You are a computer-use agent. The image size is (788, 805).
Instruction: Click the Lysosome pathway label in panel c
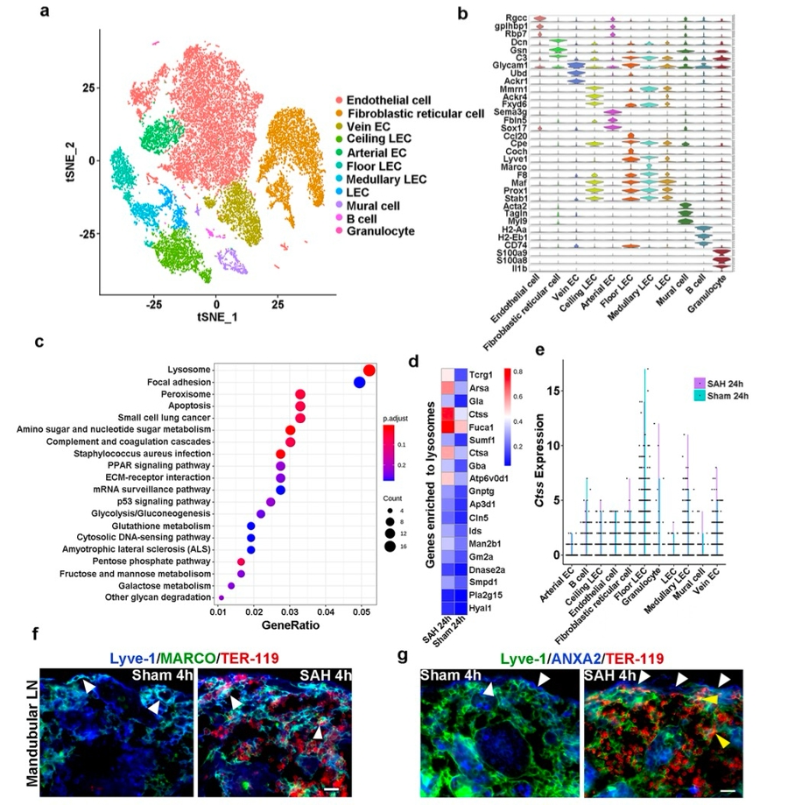190,371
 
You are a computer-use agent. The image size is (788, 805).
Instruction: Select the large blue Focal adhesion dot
359,382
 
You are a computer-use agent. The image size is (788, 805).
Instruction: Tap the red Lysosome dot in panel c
369,371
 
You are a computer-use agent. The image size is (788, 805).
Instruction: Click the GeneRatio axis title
290,627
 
